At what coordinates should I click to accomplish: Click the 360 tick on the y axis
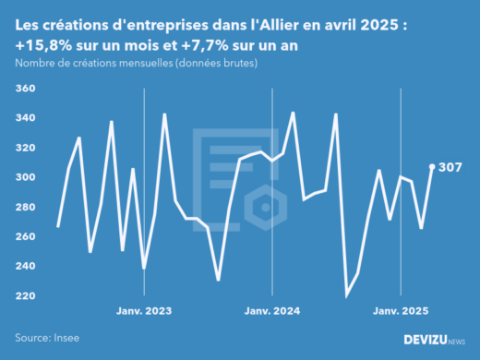pos(25,89)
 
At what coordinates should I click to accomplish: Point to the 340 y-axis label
pos(25,118)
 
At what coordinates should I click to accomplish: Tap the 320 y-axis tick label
pos(25,148)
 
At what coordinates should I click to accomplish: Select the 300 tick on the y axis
pos(25,177)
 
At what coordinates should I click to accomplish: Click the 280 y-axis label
pos(25,207)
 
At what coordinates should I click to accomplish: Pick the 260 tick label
pos(25,236)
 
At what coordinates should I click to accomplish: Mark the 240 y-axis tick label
pos(25,266)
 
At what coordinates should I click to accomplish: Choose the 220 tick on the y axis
pos(25,295)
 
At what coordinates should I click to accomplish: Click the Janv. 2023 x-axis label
pos(144,311)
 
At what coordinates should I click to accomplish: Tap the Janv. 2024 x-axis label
pos(272,311)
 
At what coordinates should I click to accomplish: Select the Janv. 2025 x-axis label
pos(401,311)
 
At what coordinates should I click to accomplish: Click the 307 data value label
pos(450,167)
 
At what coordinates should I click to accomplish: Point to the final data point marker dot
pos(432,167)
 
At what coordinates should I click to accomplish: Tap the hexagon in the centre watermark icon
pos(265,208)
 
